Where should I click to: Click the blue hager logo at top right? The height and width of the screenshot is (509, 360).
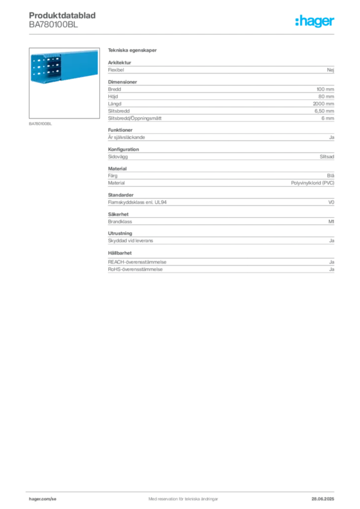(x=315, y=22)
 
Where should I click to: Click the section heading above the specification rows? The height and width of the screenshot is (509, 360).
(x=133, y=51)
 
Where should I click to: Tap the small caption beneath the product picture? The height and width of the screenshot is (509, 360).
(x=41, y=123)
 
